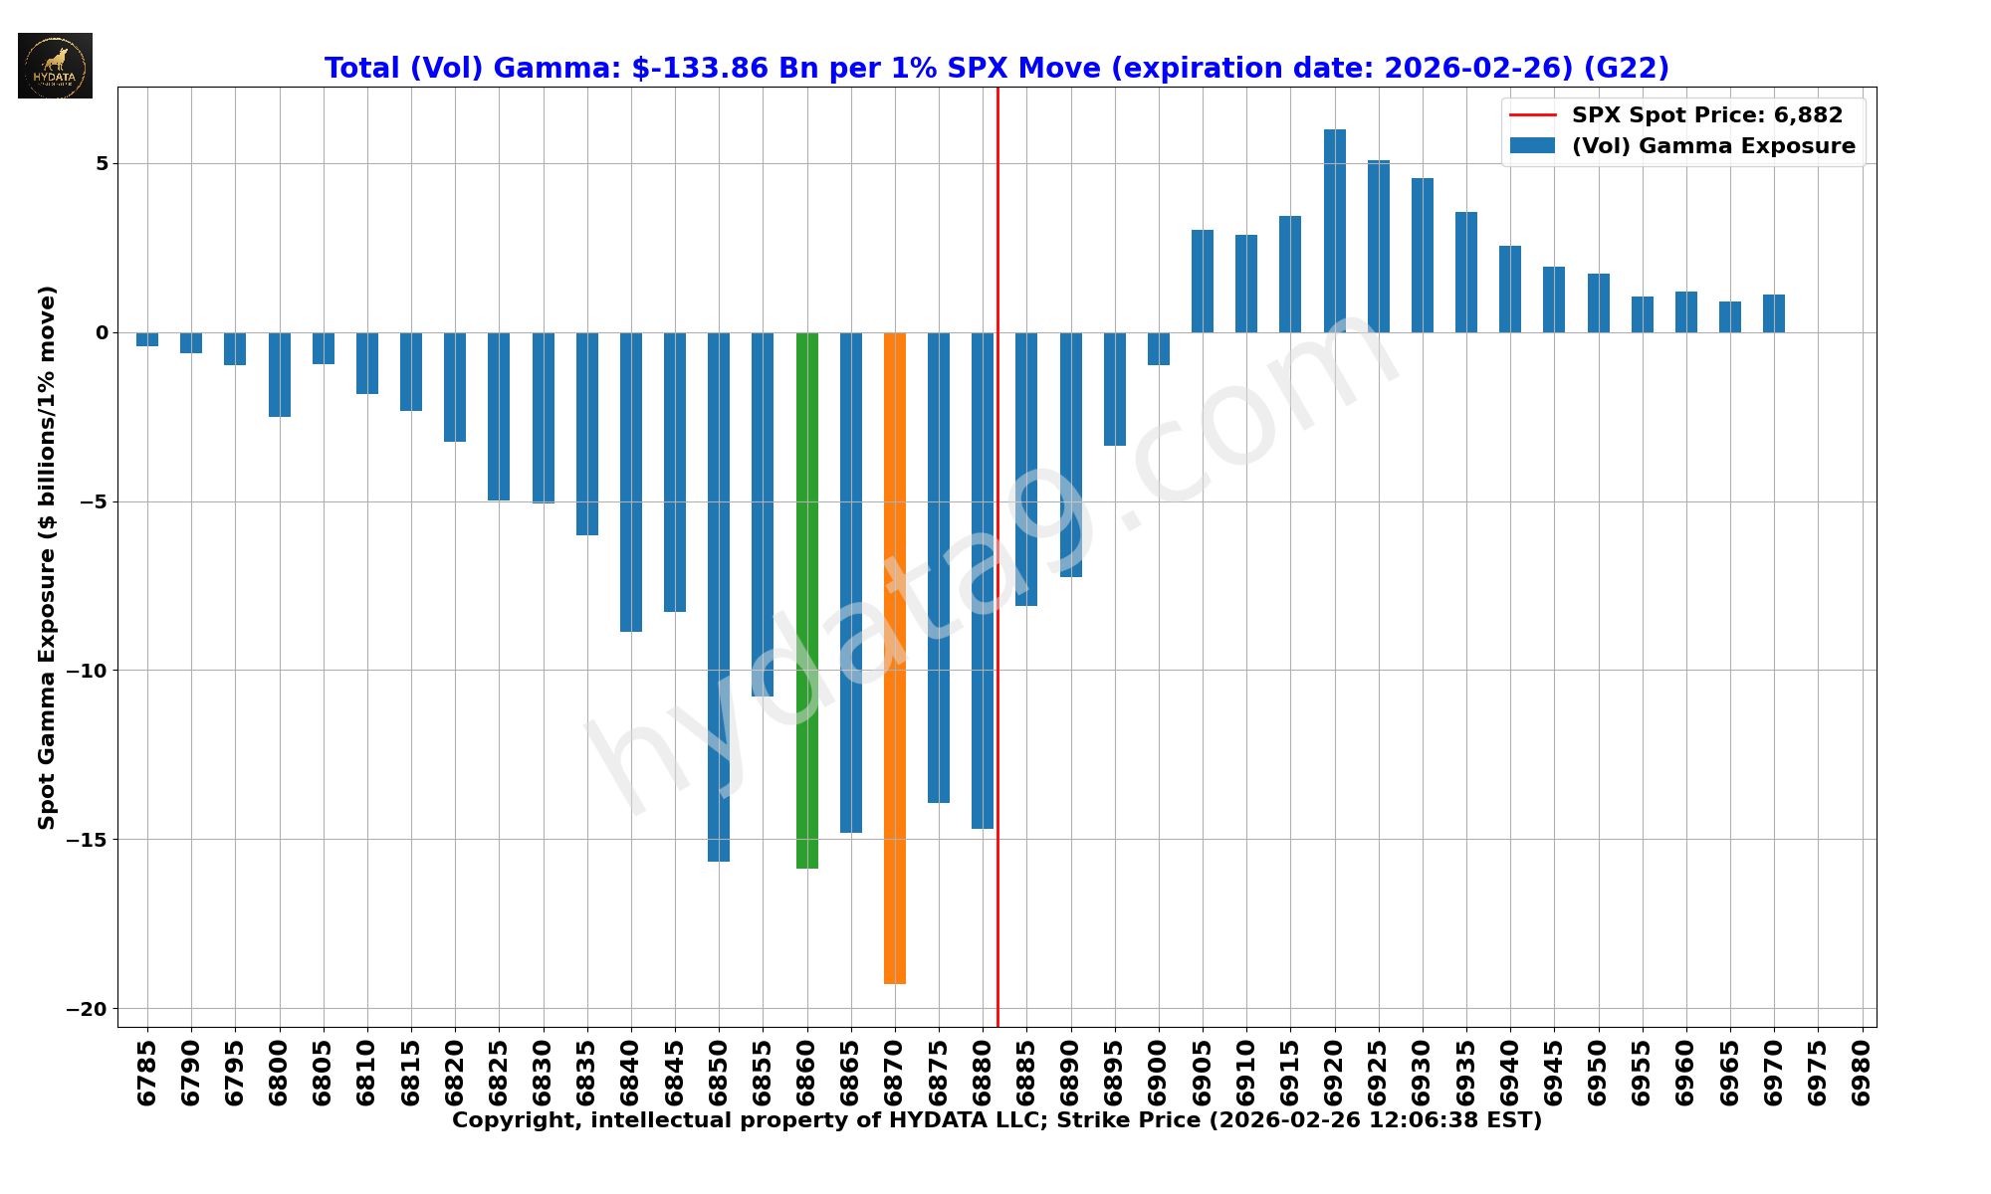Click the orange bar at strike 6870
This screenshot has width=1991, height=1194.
[894, 657]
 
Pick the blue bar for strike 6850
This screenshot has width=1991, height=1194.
[719, 597]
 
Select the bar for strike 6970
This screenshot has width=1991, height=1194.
[1773, 313]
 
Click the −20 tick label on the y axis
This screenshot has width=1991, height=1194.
[87, 1009]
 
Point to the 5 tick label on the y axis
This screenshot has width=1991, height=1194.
[102, 163]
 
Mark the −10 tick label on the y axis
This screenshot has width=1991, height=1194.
[87, 671]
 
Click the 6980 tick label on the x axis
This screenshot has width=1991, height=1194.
[1862, 1073]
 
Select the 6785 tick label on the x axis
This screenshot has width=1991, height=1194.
[147, 1073]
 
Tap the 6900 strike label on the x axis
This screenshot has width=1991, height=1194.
[1159, 1073]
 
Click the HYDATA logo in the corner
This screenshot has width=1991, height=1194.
[55, 66]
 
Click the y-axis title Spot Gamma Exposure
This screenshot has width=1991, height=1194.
[47, 557]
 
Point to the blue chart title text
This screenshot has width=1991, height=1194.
[996, 68]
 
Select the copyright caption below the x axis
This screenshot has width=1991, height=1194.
[996, 1121]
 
